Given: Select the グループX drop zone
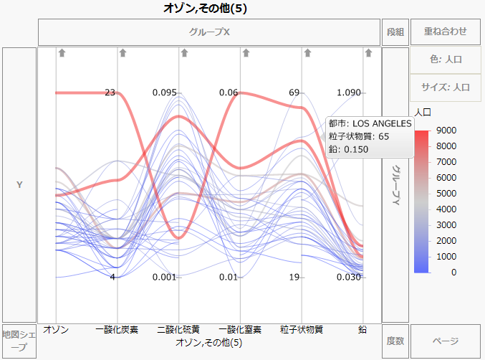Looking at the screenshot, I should (x=209, y=32).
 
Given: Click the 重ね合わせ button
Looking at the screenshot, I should (x=445, y=32).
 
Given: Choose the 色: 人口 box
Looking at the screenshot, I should (x=445, y=60).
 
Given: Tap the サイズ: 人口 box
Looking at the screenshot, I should (x=445, y=87).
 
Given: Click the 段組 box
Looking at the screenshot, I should (x=395, y=32).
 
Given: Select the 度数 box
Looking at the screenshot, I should (x=395, y=341).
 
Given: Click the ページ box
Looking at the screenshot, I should (x=445, y=341).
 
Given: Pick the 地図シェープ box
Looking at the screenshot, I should (x=19, y=341).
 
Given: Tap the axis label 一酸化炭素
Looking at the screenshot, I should (x=117, y=330).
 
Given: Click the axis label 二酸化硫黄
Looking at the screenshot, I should (x=178, y=330).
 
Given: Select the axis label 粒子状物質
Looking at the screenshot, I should (x=302, y=330).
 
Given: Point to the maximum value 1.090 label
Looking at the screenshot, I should (x=349, y=93).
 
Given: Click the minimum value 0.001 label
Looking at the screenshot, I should (x=164, y=278).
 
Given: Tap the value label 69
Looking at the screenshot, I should (x=294, y=93).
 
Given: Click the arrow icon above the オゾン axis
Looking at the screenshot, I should (x=62, y=52).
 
